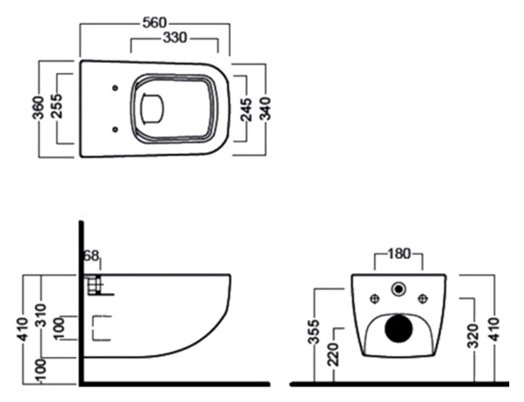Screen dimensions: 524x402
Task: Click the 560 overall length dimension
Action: pos(154,23)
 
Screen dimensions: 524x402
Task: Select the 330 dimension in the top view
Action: pos(174,38)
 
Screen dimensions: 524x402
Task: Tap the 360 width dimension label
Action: pos(38,108)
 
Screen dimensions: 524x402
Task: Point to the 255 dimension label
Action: pos(56,106)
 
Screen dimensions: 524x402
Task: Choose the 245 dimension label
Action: pos(246,110)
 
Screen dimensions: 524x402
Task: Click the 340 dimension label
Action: pos(266,108)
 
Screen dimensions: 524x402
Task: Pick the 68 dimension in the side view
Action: pos(91,256)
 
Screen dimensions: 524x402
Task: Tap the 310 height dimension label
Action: pos(42,315)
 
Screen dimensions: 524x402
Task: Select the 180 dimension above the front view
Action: pos(399,254)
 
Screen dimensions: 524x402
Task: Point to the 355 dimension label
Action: pos(314,332)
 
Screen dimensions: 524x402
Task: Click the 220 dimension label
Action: pos(333,354)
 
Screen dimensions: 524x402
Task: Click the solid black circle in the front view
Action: pos(399,328)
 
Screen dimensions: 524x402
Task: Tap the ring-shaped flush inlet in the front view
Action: pos(399,290)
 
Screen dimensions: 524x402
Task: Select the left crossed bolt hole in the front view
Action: pos(375,298)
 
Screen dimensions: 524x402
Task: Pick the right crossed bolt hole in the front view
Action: pos(423,298)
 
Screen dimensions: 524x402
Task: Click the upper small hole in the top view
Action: pos(115,88)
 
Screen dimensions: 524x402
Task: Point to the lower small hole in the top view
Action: pos(115,129)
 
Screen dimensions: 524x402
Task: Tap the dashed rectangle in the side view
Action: pos(101,328)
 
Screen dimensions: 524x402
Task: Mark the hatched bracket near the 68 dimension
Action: pos(95,286)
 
